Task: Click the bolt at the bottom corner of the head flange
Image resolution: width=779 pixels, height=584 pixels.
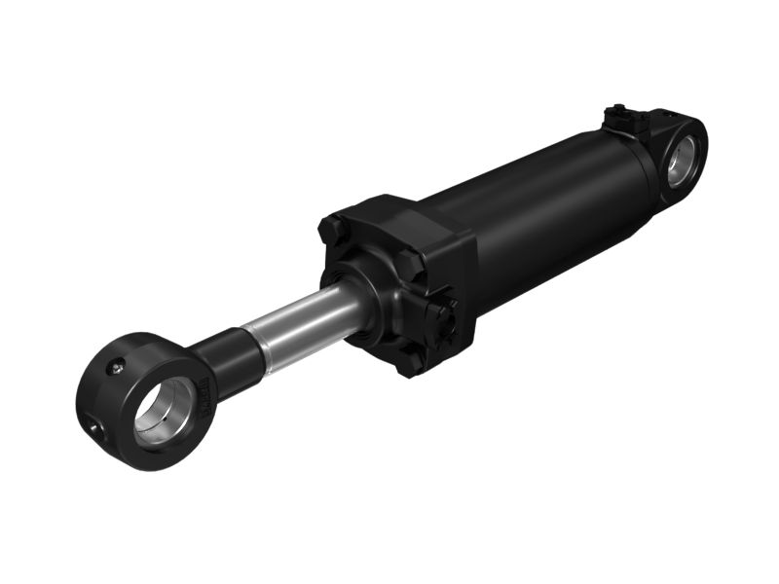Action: coord(410,362)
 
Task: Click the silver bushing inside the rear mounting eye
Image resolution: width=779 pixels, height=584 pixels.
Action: coord(692,156)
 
